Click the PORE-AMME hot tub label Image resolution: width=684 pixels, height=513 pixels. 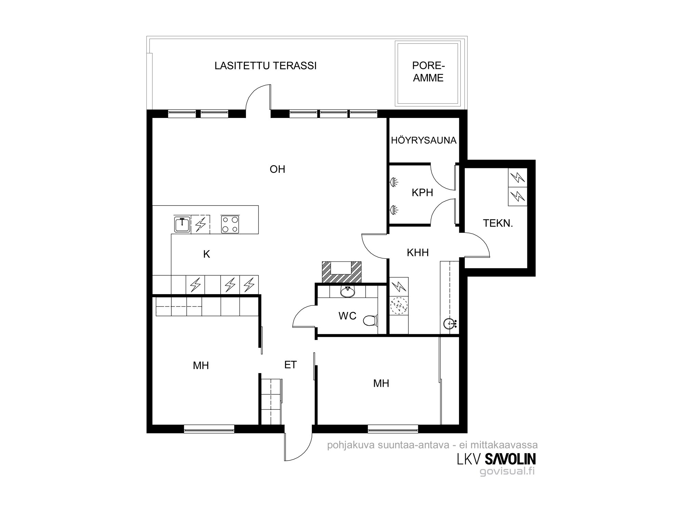coord(428,71)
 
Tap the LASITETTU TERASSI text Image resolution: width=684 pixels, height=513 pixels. coord(265,66)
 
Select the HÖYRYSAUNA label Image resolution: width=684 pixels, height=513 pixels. coord(423,140)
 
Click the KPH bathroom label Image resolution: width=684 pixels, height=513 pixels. coord(422,193)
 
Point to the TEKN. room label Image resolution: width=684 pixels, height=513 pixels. coord(498,223)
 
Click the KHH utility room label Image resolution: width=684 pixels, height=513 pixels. coord(418,252)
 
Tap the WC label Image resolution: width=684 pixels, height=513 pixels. coord(347,316)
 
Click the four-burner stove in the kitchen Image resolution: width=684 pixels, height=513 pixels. coord(230,225)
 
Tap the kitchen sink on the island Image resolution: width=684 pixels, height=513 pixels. coord(182,225)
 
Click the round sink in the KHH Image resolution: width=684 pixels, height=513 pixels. coord(450,323)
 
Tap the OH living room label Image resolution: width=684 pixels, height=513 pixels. coord(277,169)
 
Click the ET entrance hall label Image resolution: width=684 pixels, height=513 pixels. coord(290,365)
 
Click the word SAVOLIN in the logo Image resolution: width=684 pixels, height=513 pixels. coord(510,459)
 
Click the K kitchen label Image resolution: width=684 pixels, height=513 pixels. coord(206,254)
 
